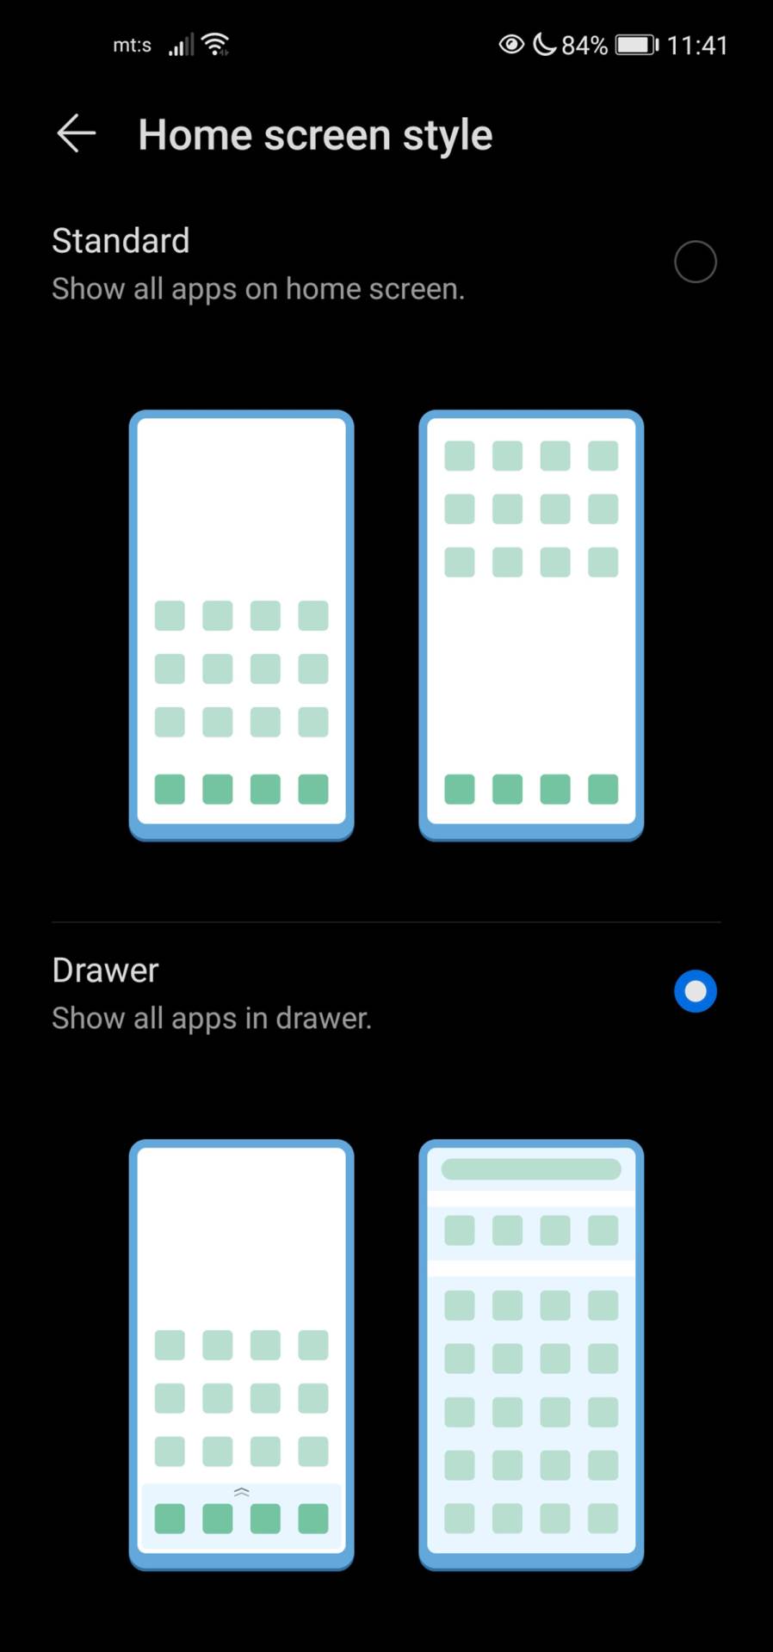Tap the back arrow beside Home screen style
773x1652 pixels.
(x=76, y=134)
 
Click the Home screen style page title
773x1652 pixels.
(x=315, y=135)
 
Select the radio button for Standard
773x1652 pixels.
(x=695, y=262)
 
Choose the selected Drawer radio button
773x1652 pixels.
(x=695, y=991)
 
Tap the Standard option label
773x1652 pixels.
(x=121, y=241)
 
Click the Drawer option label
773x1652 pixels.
(x=106, y=971)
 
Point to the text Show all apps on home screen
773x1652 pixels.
(x=258, y=289)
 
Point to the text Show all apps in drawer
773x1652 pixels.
(x=212, y=1019)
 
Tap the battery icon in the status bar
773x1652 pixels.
(x=637, y=45)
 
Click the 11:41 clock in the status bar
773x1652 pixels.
(x=697, y=45)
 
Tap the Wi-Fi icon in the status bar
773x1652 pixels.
(x=215, y=44)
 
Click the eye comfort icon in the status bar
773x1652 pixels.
(x=511, y=44)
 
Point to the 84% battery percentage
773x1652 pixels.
(x=584, y=45)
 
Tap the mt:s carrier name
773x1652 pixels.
(x=132, y=45)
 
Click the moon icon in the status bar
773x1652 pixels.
(x=544, y=44)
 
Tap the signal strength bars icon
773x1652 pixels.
(x=181, y=45)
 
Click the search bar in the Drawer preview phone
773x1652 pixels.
(x=531, y=1168)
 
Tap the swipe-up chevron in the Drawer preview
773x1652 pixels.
(x=242, y=1491)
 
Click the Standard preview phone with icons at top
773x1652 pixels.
(x=531, y=625)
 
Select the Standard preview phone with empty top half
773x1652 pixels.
(x=242, y=625)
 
